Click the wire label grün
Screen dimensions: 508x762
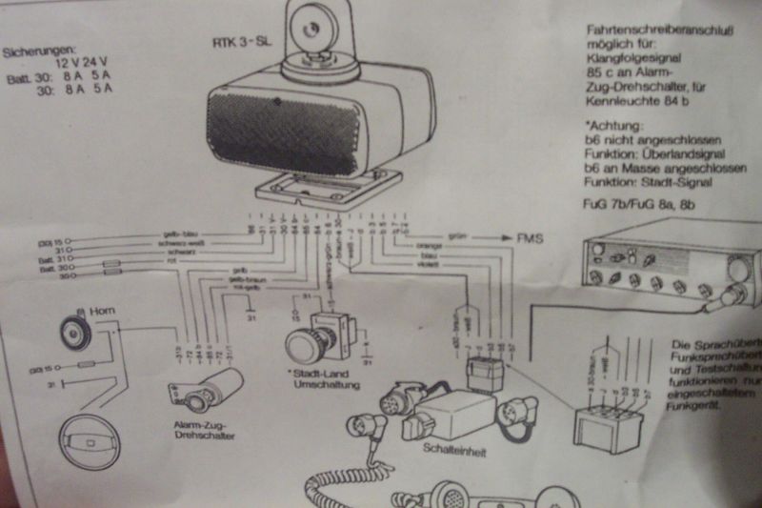(454, 235)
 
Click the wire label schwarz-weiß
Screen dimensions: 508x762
(163, 243)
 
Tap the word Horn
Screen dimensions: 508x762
(103, 311)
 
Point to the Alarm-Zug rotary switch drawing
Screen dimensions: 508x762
(204, 387)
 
